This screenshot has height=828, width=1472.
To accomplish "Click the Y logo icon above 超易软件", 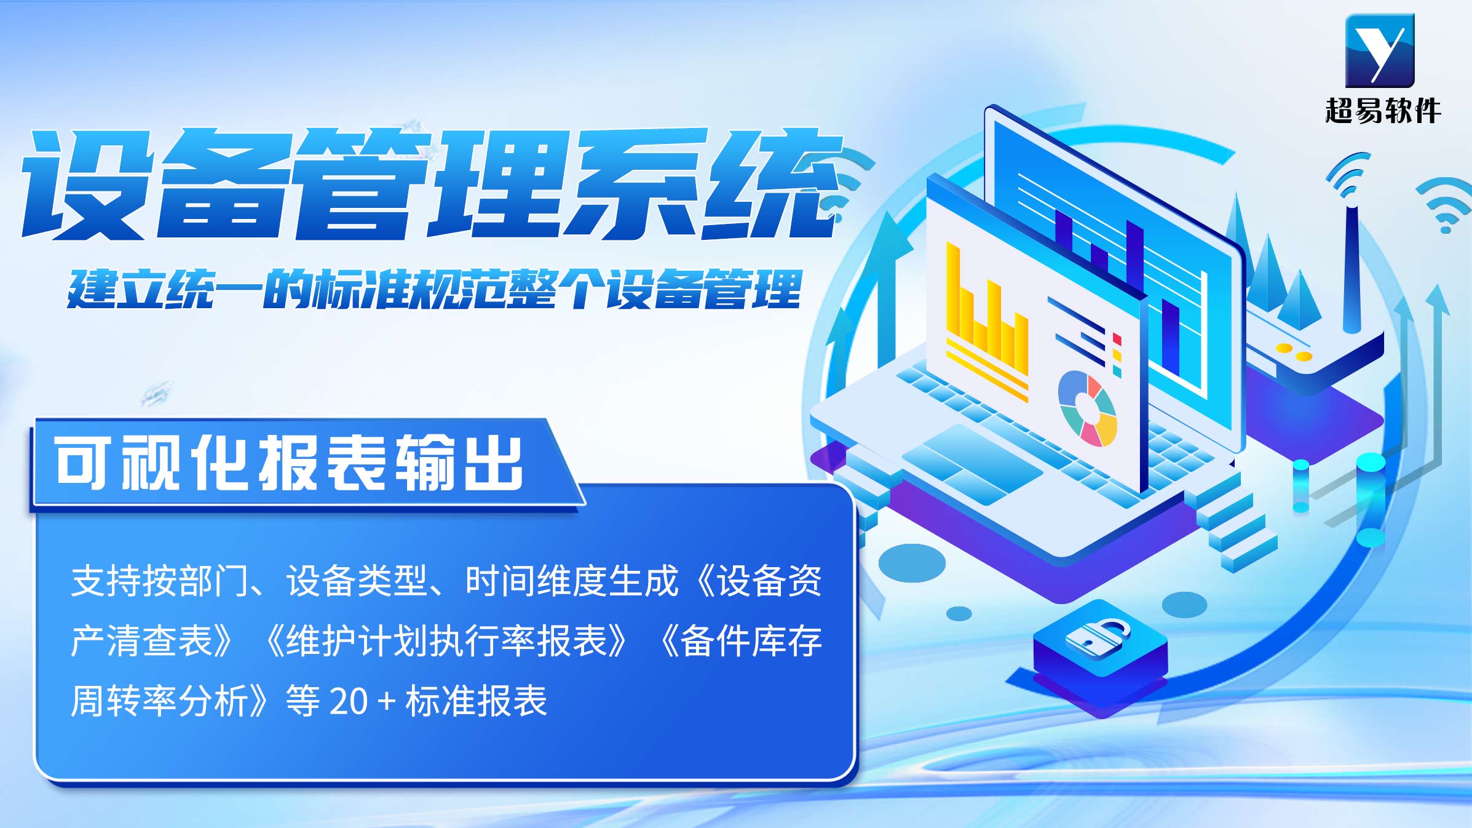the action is point(1380,50).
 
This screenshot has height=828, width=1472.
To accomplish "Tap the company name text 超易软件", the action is point(1383,111).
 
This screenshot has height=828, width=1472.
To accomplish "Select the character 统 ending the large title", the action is point(772,184).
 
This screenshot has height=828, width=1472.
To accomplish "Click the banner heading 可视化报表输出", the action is point(289,463).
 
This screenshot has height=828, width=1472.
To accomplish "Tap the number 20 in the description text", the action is point(349,701).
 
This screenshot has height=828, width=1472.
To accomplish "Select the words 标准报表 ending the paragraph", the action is point(476,701).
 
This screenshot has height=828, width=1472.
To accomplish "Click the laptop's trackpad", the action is point(972,464).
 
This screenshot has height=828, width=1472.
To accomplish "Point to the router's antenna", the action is point(1351,268).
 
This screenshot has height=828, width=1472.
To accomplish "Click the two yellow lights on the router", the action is point(1294,352).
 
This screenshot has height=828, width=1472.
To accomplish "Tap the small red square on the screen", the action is point(1117,340).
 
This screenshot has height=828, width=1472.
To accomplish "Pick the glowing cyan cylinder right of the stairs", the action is point(1371,500).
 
